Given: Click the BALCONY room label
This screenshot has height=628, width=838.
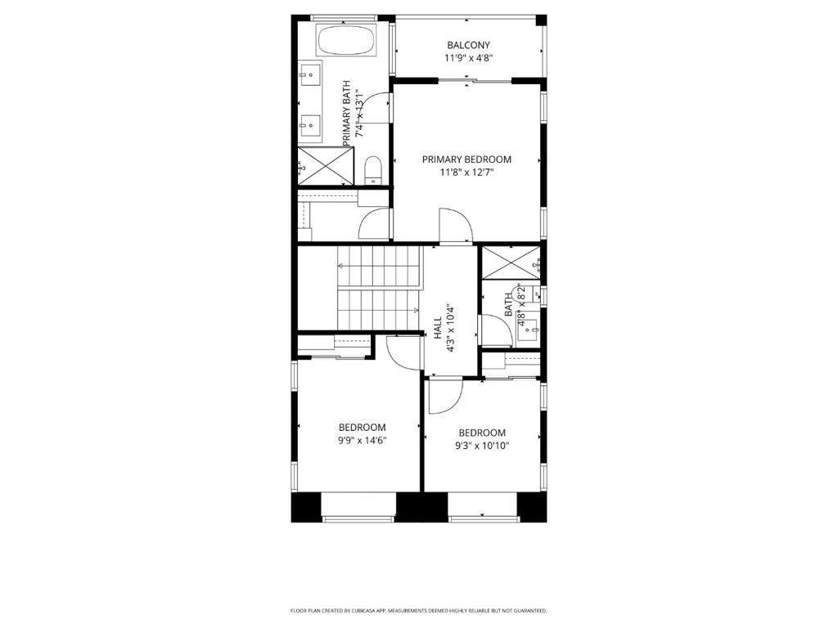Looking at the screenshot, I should tap(468, 45).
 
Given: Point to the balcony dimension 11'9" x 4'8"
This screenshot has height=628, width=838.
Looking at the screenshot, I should tap(468, 58).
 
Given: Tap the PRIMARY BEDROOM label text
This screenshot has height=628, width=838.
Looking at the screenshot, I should tap(466, 159).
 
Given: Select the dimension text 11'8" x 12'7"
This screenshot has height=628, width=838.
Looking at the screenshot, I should tap(466, 173).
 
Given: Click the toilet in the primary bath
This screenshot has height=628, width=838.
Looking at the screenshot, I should tap(373, 169).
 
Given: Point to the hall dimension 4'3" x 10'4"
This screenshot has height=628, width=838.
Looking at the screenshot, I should tap(450, 328).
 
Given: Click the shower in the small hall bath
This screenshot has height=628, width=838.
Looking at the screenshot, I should tap(507, 262).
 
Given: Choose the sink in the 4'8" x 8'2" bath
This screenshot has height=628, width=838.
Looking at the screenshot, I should tap(530, 325).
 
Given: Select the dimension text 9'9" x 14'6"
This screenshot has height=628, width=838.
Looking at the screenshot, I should tap(363, 440).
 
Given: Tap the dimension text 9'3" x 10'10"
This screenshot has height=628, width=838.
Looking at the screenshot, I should tap(481, 446).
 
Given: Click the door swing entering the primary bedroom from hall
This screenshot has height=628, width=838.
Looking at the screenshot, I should tap(455, 226).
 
